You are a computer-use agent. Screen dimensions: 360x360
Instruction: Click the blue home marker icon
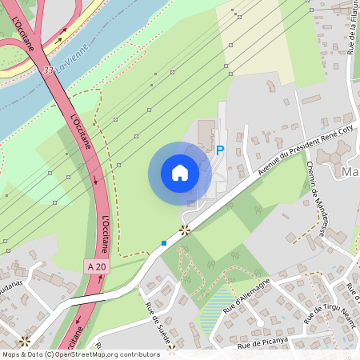(x=179, y=173)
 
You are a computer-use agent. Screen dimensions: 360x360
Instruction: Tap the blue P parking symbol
(x=220, y=150)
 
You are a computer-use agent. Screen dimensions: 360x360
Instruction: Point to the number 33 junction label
(x=49, y=70)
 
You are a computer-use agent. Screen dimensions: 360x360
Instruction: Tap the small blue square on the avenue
(x=164, y=242)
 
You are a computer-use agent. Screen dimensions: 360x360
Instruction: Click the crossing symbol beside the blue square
(x=185, y=230)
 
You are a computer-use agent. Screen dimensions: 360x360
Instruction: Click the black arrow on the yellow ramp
(x=61, y=37)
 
